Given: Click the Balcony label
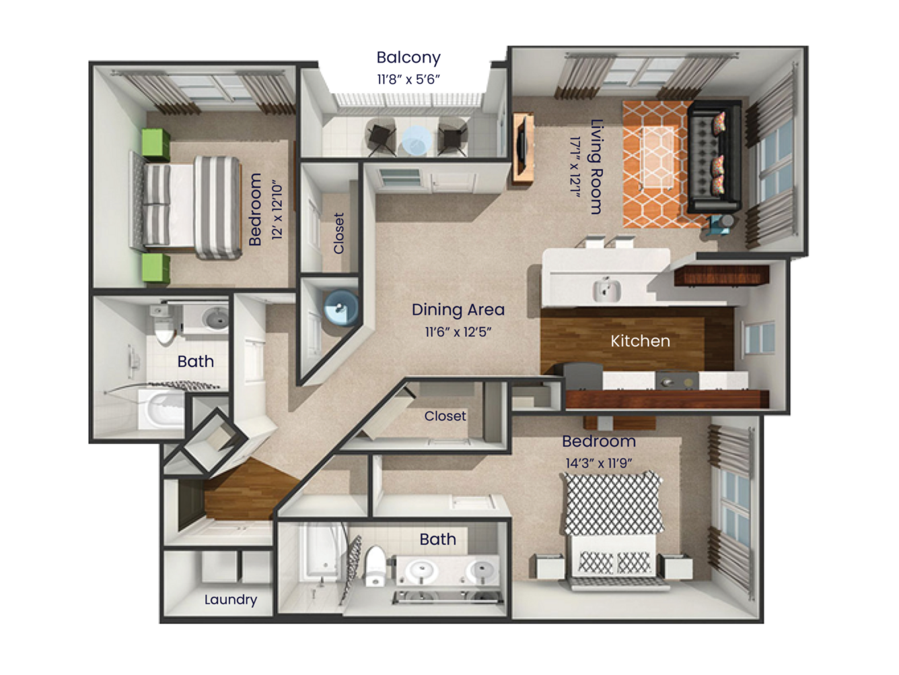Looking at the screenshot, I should (x=408, y=57).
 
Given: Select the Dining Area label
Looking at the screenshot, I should (x=458, y=309).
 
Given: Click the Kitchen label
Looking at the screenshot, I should (x=640, y=341).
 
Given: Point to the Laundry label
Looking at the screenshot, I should (x=230, y=600).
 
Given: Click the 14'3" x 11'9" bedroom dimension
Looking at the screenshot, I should (x=599, y=463).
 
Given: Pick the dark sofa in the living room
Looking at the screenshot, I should (x=713, y=156).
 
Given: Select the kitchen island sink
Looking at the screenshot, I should (x=606, y=290).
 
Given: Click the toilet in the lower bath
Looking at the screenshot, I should (x=374, y=566).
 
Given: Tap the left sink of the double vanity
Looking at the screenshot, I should (x=422, y=571).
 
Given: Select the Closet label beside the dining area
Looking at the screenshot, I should (x=338, y=233).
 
